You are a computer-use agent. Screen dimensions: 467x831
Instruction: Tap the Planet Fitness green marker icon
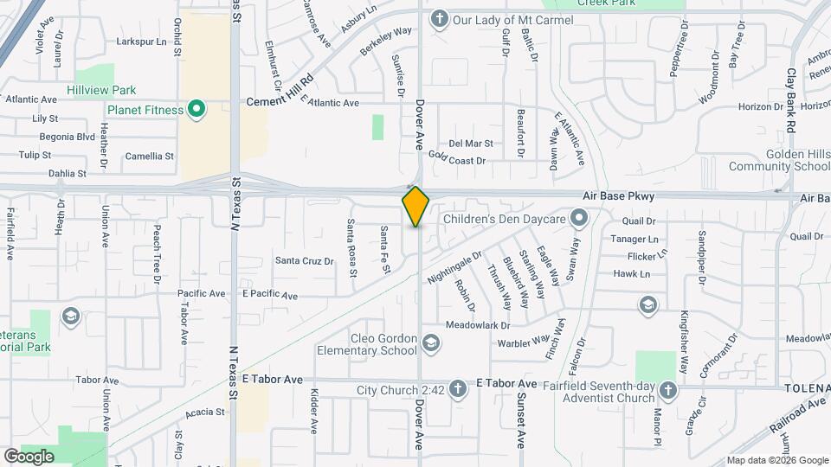tap(197, 110)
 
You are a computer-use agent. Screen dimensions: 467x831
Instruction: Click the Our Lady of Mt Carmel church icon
tap(440, 18)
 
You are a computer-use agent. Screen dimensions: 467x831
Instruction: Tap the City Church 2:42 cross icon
tap(458, 390)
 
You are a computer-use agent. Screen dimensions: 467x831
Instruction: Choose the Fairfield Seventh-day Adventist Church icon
tap(667, 390)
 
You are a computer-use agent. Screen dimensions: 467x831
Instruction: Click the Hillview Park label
tap(102, 90)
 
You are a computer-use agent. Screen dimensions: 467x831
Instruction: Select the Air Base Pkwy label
tap(618, 197)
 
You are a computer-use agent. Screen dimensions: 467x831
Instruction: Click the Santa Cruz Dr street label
tap(304, 260)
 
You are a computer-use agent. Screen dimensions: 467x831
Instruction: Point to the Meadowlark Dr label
tap(477, 325)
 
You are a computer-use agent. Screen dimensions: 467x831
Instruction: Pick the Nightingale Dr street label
tap(454, 268)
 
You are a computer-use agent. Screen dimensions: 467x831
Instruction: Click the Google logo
tap(29, 457)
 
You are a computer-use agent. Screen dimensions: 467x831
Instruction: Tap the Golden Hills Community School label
tap(779, 160)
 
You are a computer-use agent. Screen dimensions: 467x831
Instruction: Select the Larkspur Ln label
tap(141, 42)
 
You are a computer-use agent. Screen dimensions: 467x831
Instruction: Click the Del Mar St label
tap(470, 144)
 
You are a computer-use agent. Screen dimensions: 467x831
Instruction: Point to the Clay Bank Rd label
tap(791, 100)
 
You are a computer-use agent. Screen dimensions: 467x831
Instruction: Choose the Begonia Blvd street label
tap(67, 137)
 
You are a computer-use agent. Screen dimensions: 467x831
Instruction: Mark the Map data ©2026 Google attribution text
tap(776, 460)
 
